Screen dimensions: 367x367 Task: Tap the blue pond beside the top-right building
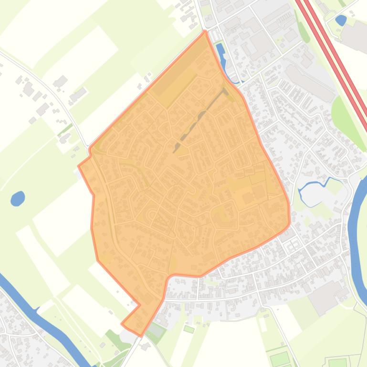pos(341,20)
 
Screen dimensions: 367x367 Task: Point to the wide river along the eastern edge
pos(354,229)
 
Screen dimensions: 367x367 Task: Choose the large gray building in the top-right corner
pos(356,36)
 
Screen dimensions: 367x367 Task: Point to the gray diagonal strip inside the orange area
pos(200,119)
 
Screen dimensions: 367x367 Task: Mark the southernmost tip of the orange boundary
pos(141,336)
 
